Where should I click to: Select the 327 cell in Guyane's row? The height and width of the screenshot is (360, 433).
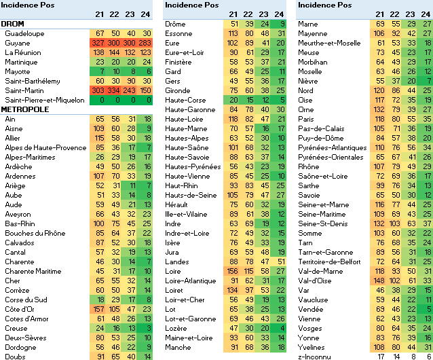(99, 42)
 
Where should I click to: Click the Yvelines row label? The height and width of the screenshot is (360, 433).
(313, 346)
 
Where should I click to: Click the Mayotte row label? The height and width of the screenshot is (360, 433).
(17, 71)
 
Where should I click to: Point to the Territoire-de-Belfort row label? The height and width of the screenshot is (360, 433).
(332, 261)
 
